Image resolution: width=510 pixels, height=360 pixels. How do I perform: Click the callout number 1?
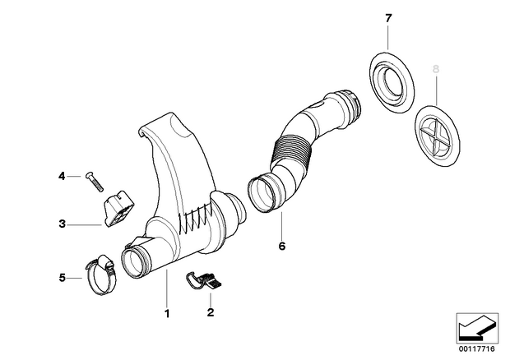tap(167, 314)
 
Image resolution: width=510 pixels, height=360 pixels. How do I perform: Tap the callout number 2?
tap(211, 312)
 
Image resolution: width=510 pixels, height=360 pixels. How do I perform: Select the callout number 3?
tap(63, 224)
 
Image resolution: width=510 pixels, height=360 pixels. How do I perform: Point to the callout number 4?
tap(62, 177)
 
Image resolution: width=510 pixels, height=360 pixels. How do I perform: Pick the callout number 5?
tap(63, 278)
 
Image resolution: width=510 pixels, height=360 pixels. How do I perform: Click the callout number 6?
tap(282, 246)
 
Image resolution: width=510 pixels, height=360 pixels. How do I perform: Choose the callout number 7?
tap(388, 19)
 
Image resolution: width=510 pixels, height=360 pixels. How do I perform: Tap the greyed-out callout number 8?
tap(436, 69)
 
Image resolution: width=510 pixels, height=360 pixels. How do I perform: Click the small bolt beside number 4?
tap(95, 182)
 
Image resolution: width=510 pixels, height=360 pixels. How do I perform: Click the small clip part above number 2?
tap(204, 281)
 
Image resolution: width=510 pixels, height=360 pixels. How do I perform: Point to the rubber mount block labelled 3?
tap(118, 209)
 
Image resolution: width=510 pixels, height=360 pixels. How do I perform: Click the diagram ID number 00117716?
tap(477, 349)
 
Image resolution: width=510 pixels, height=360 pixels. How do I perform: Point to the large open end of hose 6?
tap(264, 194)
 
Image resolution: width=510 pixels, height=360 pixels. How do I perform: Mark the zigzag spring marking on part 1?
tap(195, 219)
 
